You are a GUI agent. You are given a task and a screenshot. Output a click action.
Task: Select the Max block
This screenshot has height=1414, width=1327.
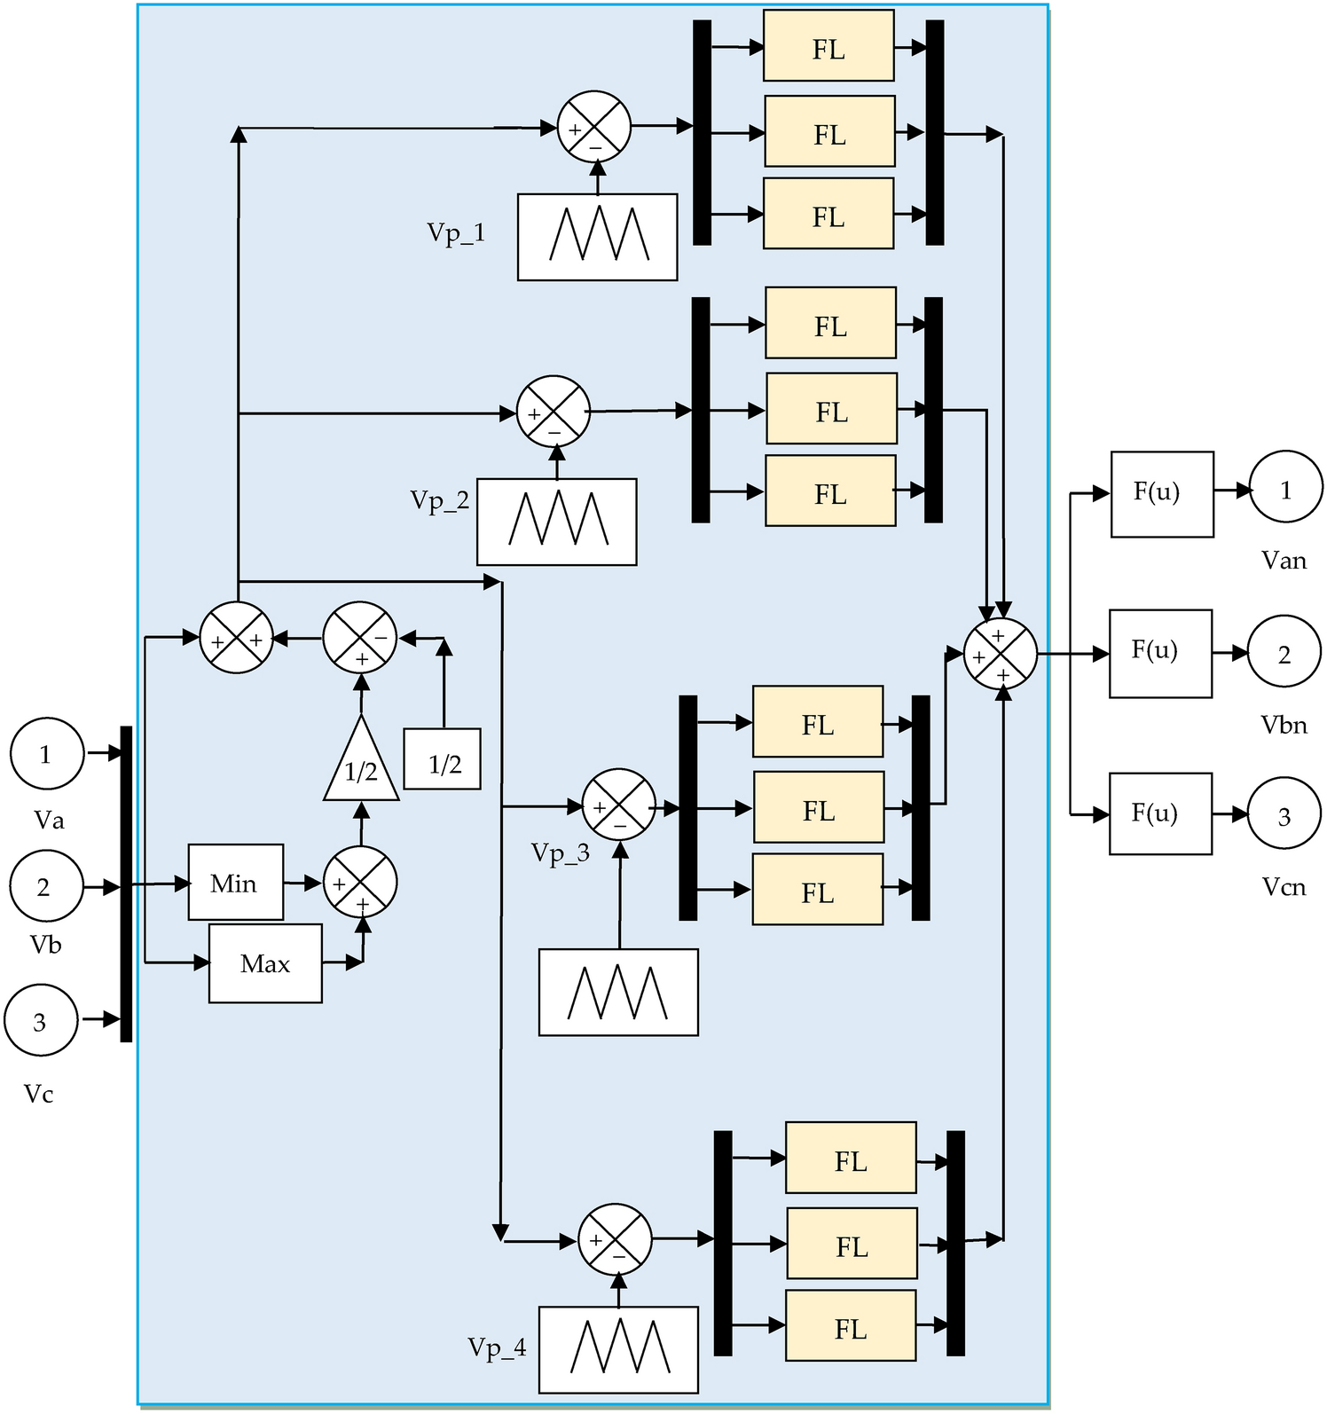[265, 963]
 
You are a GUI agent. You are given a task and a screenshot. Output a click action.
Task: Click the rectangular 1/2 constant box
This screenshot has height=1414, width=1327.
[443, 759]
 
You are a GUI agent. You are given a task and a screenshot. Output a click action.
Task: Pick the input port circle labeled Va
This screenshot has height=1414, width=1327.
[47, 754]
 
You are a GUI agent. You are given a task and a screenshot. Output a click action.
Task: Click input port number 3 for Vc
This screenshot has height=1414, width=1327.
[41, 1020]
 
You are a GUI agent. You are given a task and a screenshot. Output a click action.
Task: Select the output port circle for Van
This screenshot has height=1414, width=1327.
[1285, 488]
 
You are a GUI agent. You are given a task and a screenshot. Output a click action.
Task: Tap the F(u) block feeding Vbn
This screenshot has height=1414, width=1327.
[1160, 653]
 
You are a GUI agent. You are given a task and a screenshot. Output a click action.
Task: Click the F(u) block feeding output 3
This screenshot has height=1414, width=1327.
[1160, 813]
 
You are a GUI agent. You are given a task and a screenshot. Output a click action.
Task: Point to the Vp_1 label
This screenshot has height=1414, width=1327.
[456, 232]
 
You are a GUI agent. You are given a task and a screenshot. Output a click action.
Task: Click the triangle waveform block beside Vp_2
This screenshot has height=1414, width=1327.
[556, 522]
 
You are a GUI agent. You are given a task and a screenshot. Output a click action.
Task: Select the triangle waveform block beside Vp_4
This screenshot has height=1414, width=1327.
[618, 1349]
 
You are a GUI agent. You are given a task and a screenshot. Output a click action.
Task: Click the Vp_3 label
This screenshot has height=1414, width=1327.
[560, 852]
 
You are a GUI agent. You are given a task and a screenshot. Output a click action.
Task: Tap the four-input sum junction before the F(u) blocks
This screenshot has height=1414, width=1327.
[1001, 655]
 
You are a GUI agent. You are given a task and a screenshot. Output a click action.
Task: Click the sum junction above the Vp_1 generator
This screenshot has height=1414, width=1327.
[593, 127]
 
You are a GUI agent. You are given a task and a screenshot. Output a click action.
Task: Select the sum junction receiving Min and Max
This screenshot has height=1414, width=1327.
[360, 882]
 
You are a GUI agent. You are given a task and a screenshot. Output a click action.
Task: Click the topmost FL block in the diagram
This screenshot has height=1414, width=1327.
[828, 46]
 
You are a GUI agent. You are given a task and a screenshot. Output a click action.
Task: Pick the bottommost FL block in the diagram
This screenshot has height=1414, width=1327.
[851, 1325]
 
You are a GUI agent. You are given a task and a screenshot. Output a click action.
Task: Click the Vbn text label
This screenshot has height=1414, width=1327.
[1284, 725]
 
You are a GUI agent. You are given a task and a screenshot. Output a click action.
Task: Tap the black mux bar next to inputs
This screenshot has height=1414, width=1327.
[126, 884]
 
